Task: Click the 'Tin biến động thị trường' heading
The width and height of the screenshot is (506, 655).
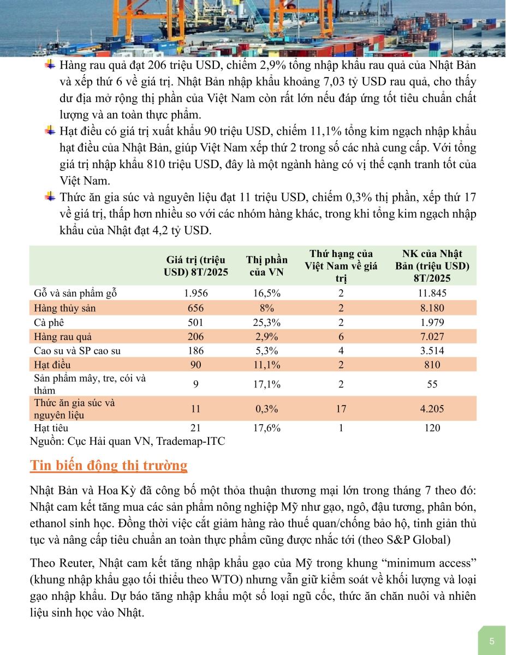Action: coord(109,466)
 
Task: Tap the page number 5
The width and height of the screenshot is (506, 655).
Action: coord(492,641)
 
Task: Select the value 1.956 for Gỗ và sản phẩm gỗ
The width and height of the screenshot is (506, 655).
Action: coord(196,293)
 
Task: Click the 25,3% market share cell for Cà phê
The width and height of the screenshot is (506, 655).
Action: coord(266,322)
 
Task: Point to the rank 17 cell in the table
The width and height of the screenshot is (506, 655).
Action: coord(341,409)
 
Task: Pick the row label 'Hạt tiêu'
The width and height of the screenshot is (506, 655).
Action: coord(51,428)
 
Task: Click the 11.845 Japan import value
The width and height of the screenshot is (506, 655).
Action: coord(432,293)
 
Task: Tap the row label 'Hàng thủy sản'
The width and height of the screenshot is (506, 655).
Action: coord(64,308)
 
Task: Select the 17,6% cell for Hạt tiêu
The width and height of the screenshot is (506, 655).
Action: coord(266,428)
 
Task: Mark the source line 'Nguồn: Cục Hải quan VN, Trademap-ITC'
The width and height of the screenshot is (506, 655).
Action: coord(127,440)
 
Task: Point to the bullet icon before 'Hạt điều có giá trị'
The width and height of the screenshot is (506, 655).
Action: coord(50,131)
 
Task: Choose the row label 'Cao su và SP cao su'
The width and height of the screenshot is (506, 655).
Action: coord(77,350)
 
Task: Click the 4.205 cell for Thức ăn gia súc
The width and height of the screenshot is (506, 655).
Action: coord(432,409)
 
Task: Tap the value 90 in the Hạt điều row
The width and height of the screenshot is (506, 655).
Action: coord(196,365)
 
